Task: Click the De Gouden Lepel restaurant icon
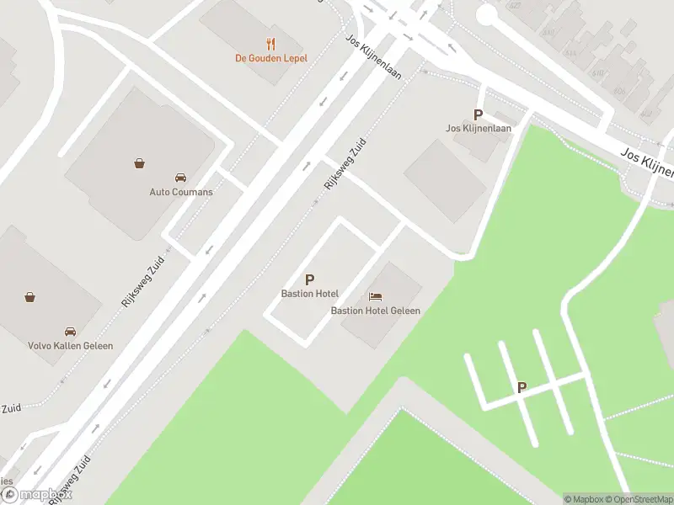[x=270, y=44]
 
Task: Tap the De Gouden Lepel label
[x=270, y=58]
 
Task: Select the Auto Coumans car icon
[x=180, y=178]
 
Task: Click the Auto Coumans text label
[x=181, y=192]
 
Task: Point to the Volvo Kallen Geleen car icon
[x=70, y=332]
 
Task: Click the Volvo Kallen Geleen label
[x=70, y=346]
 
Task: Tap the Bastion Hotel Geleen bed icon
[x=375, y=296]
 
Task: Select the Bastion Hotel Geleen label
[x=375, y=311]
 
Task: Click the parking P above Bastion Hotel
[x=309, y=279]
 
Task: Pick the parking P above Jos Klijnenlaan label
[x=478, y=114]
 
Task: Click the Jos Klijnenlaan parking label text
[x=478, y=129]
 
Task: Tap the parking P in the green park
[x=522, y=387]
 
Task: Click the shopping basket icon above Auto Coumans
[x=139, y=163]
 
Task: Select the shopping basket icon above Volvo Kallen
[x=30, y=296]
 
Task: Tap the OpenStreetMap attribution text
[x=639, y=499]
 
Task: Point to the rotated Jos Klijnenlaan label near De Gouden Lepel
[x=374, y=56]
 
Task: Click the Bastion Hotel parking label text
[x=309, y=294]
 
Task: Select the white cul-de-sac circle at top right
[x=487, y=14]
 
